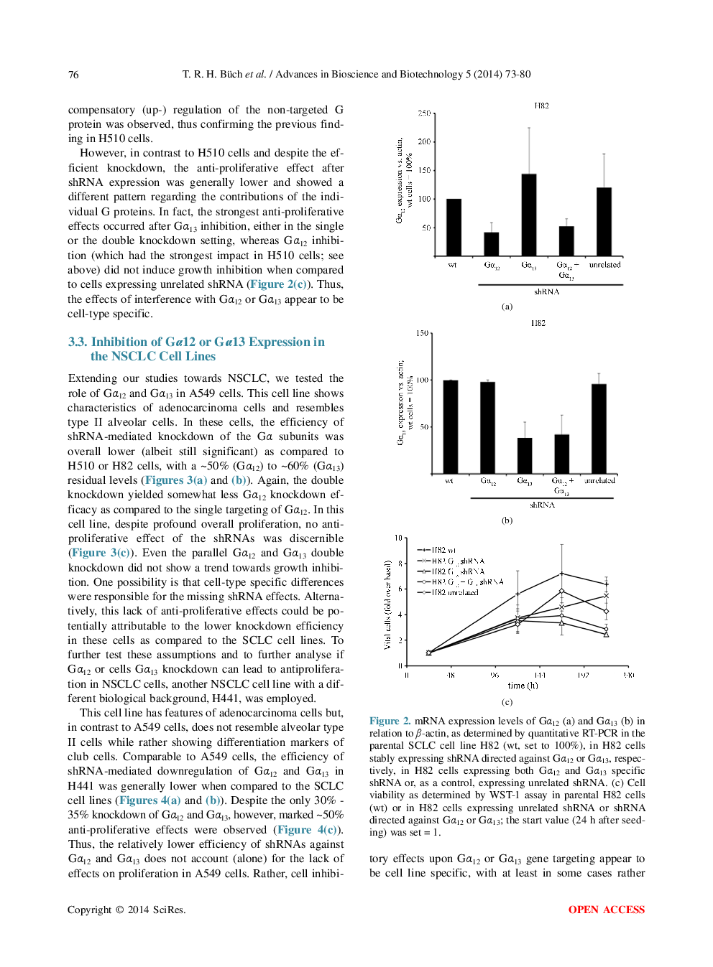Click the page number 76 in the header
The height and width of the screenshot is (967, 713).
coord(73,75)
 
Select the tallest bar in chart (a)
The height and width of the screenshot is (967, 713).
coord(529,215)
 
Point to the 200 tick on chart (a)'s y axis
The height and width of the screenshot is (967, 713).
coord(424,142)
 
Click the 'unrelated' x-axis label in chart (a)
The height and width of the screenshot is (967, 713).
coord(604,265)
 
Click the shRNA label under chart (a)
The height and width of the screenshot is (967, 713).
coord(546,291)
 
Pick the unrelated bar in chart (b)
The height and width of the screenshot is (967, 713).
coord(599,429)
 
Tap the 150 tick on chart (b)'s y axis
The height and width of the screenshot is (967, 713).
coord(422,333)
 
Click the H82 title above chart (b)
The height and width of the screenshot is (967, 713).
coord(538,323)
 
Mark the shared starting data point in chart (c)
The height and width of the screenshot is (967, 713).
coord(429,653)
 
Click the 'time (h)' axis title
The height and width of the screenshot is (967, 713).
coord(523,686)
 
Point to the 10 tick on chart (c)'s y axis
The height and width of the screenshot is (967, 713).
coord(398,538)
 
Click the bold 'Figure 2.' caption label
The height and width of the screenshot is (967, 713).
coord(390,721)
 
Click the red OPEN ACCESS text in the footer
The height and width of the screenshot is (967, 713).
coord(606,910)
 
